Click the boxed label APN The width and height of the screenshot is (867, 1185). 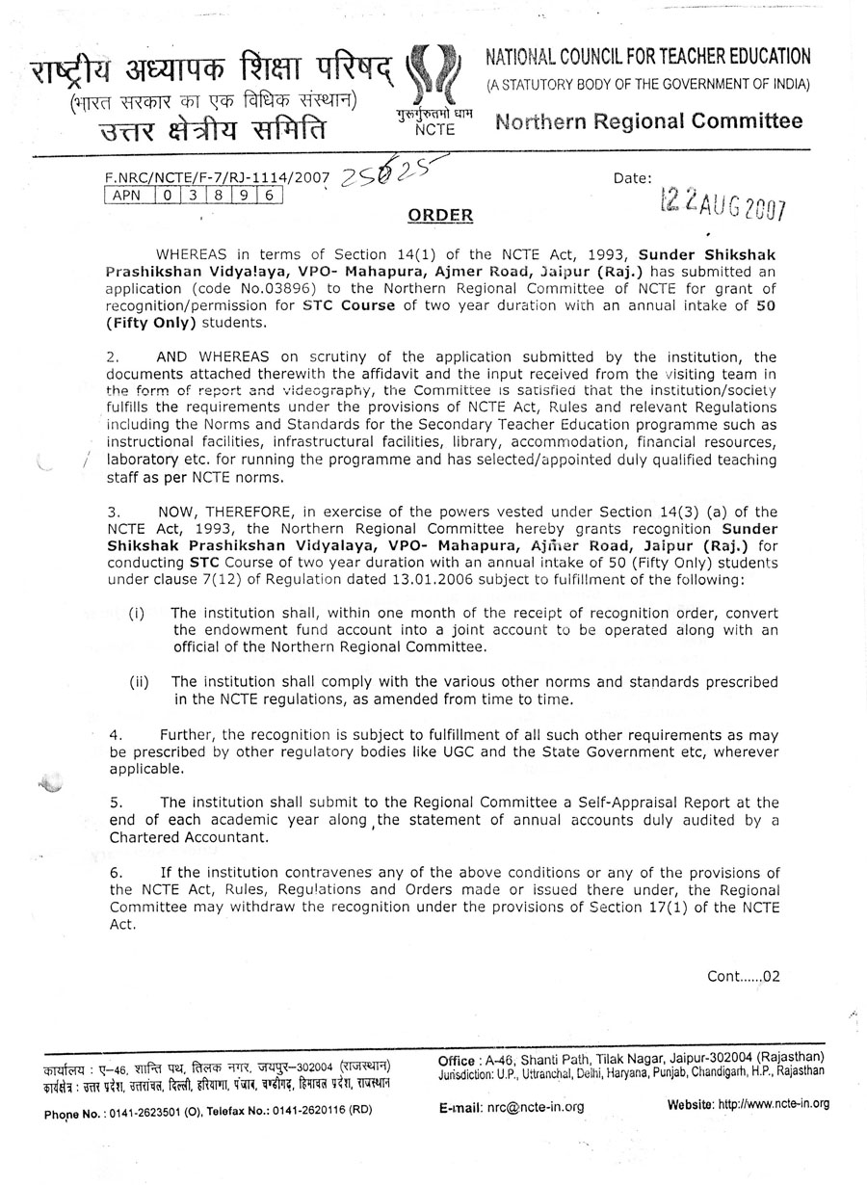125,195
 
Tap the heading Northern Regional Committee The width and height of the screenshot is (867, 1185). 648,121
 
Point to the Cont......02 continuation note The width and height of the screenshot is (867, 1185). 743,975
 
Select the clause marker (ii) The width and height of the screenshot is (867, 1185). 140,682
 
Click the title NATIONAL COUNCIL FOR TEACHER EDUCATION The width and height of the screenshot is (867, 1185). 647,58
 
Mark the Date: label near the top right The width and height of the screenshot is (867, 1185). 632,177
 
